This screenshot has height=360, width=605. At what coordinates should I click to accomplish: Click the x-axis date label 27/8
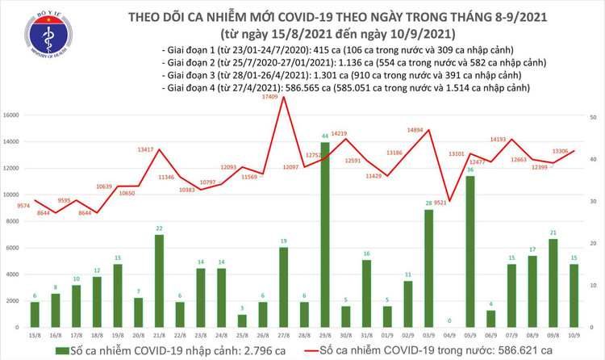point(284,334)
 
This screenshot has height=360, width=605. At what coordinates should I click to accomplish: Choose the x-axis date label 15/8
point(35,334)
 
